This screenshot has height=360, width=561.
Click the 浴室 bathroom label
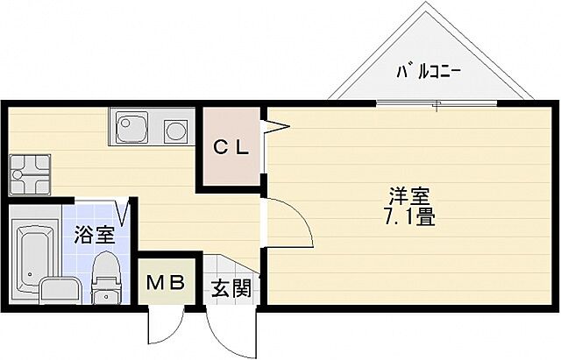93,234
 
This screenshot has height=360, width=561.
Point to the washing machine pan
29,174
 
